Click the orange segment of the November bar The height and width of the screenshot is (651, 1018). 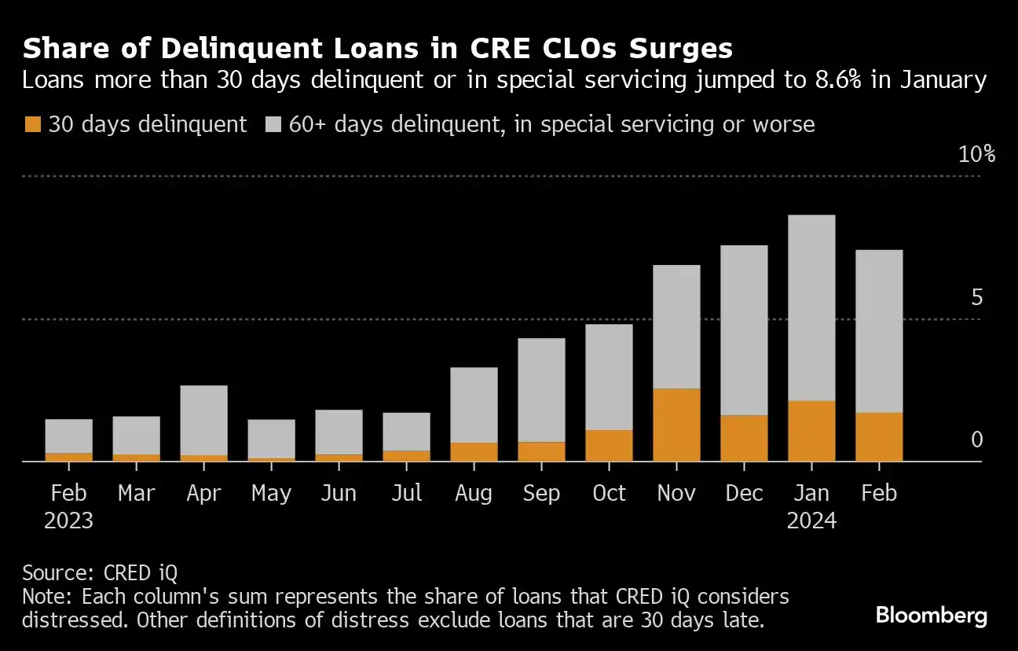pos(676,425)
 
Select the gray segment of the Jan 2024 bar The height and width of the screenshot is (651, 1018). pos(811,307)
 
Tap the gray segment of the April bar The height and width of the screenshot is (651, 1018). pos(204,420)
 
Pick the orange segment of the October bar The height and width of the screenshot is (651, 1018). pos(609,445)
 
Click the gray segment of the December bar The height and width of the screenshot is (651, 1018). pos(744,330)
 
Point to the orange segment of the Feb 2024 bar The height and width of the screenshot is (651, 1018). pos(879,437)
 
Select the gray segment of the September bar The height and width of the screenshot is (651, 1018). pos(541,390)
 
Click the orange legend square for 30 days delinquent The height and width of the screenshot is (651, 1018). pos(33,124)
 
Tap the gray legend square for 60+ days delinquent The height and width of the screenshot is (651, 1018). pos(273,124)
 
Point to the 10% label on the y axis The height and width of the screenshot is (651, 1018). pos(976,154)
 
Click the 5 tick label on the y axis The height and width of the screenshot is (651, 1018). pos(976,297)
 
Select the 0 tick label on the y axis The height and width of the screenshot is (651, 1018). pos(976,440)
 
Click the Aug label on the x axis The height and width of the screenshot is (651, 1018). pos(474,493)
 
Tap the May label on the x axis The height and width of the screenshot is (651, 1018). pos(271,493)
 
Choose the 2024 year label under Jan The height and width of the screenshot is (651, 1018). pos(811,520)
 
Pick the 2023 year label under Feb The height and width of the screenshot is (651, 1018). pos(69,520)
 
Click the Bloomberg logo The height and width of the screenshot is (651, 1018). pos(931,615)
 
